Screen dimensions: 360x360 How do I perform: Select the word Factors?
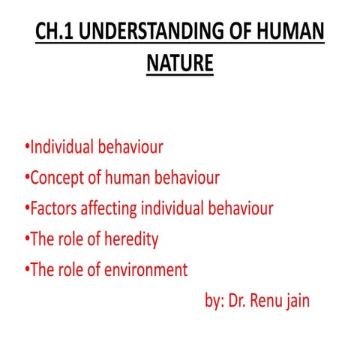52,208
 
